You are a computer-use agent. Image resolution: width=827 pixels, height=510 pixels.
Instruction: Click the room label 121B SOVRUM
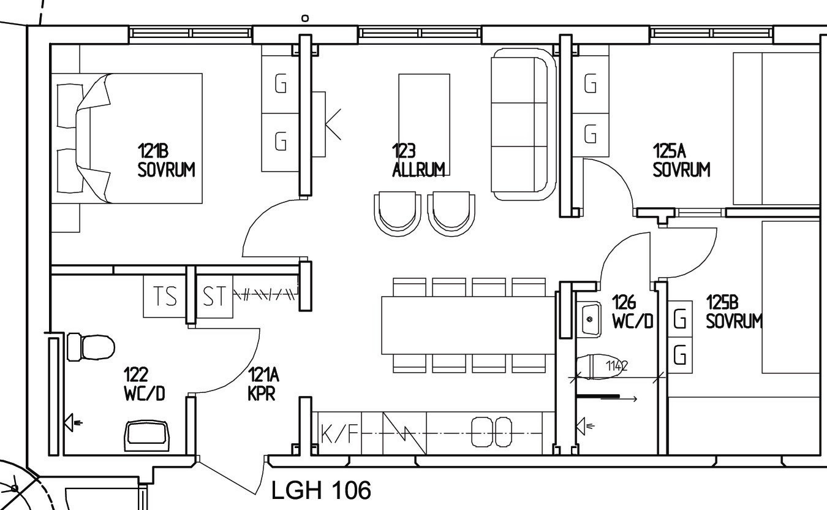pos(166,160)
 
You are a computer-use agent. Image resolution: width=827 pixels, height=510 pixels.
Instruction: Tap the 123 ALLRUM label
pos(418,160)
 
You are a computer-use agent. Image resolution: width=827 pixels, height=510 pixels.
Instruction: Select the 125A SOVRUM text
pos(681,160)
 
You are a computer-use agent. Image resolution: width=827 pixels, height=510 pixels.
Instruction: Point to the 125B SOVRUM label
pos(734,311)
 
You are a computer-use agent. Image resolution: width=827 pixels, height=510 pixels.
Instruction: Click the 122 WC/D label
pos(145,384)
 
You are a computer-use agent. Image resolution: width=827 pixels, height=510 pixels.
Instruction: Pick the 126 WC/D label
pos(632,311)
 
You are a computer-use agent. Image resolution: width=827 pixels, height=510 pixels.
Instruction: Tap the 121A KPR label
pos(263,384)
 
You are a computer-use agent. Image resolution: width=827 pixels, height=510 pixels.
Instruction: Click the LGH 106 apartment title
pos(321,490)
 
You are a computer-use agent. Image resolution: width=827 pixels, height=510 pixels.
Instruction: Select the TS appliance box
pos(165,296)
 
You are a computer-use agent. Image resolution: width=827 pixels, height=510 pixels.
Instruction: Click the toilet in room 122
pos(91,347)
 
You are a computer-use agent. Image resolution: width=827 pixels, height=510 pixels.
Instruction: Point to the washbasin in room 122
pos(146,436)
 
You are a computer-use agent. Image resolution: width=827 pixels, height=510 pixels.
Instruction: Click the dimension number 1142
pos(617,365)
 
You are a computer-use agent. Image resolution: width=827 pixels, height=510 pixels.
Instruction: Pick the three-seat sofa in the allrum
pos(524,124)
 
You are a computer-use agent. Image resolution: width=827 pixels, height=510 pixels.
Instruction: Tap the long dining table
pos(468,325)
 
